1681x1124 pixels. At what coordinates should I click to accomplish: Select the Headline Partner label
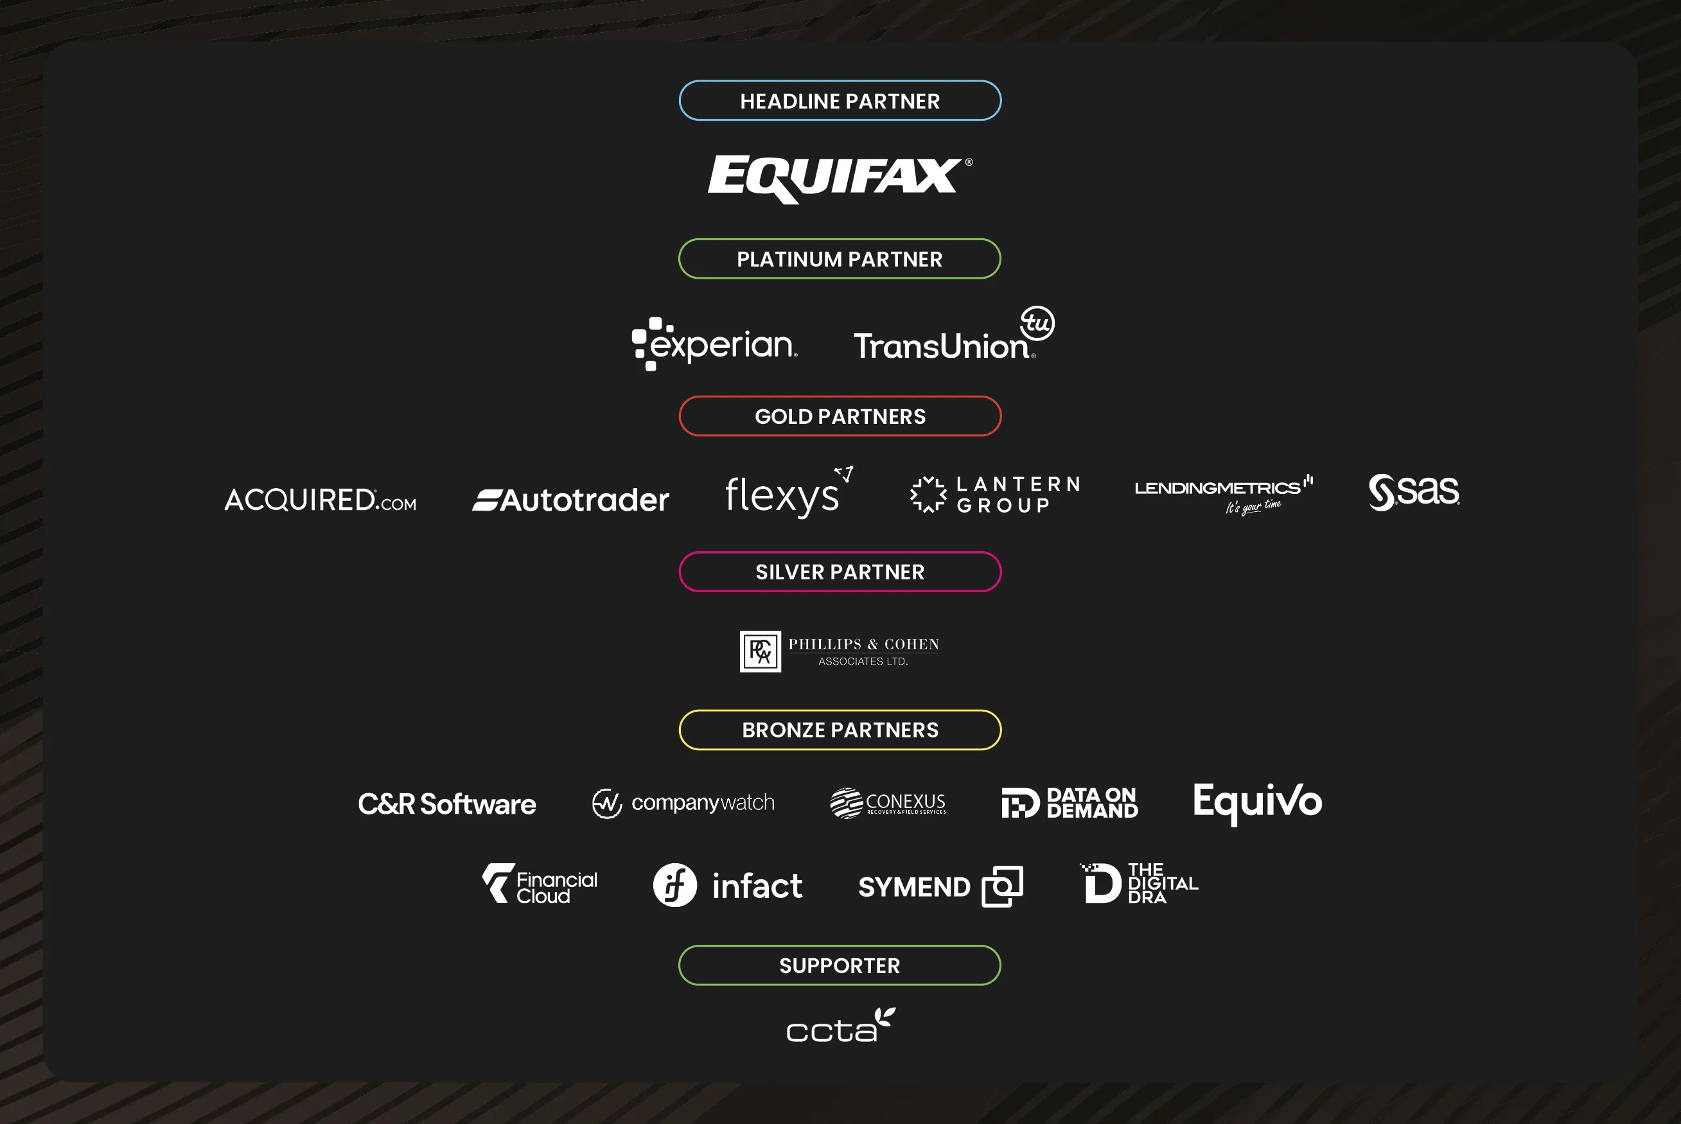(840, 101)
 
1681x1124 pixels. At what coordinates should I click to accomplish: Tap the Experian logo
(715, 344)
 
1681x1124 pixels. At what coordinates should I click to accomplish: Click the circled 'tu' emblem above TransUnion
(1037, 322)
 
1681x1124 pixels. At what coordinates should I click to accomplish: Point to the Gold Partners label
(840, 416)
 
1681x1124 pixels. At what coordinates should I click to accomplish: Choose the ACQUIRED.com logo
(321, 500)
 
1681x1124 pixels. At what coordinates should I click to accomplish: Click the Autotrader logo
(570, 500)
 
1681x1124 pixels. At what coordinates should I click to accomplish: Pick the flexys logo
(789, 493)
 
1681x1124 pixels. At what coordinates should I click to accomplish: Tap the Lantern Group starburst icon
(928, 495)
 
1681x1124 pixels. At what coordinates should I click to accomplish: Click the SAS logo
(1414, 492)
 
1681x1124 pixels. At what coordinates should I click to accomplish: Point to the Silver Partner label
(840, 572)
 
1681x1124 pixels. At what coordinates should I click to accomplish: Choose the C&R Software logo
(447, 804)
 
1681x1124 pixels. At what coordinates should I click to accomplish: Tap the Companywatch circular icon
(607, 803)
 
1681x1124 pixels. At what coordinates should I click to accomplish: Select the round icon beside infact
(674, 885)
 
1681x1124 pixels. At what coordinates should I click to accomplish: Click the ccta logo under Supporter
(841, 1024)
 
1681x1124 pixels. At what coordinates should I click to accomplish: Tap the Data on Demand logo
(1069, 803)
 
